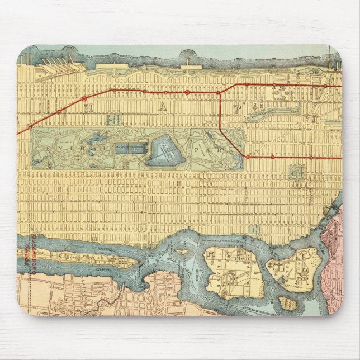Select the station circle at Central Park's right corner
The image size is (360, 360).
click(x=246, y=157)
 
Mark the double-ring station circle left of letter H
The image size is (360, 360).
click(x=84, y=99)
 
